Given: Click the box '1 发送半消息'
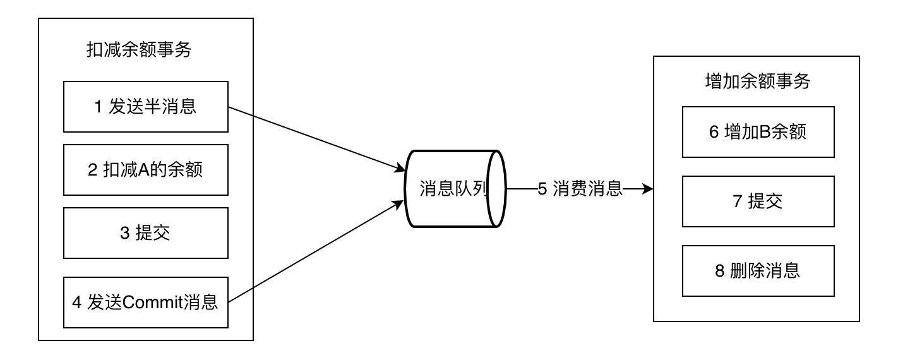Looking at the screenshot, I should click(145, 107).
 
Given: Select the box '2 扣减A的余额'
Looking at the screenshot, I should click(145, 170).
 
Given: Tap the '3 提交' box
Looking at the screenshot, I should click(145, 233).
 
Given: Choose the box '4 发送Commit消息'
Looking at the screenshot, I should click(145, 303).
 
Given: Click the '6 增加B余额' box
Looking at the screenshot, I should click(757, 132).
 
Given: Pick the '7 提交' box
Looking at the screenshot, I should click(757, 201).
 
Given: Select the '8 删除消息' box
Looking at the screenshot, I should click(757, 271).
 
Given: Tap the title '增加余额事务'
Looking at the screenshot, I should click(757, 81).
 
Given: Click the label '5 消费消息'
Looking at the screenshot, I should click(580, 189).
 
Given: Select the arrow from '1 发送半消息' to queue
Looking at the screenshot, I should click(316, 138).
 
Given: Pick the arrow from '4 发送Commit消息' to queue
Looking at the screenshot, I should click(316, 252).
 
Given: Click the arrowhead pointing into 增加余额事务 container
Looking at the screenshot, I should click(647, 189).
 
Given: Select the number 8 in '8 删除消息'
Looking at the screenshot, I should click(720, 272).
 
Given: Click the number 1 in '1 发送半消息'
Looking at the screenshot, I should click(98, 107).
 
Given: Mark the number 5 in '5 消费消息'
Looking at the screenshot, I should click(542, 189).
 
